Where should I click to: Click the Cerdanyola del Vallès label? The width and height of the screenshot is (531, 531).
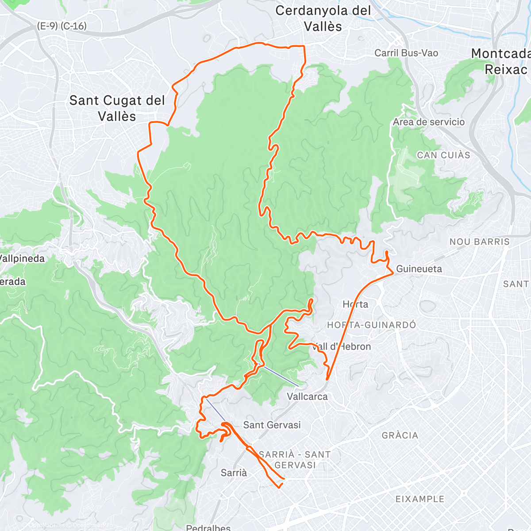(x=323, y=19)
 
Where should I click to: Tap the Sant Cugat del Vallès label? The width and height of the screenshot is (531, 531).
(x=117, y=108)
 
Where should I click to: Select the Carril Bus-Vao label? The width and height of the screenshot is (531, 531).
(x=406, y=53)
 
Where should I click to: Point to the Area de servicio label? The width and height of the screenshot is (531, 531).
(x=429, y=122)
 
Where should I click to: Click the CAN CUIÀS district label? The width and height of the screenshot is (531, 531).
(x=443, y=155)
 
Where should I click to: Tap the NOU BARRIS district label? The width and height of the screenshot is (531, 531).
(x=480, y=242)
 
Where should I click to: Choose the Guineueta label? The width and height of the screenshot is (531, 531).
(x=419, y=269)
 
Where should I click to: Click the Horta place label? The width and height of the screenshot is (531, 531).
(x=355, y=304)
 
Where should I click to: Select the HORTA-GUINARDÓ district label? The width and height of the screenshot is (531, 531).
(x=371, y=325)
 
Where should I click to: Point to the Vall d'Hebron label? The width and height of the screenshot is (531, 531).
(x=342, y=346)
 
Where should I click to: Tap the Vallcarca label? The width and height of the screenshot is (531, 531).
(x=307, y=396)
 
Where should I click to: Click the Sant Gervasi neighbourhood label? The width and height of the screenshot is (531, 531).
(x=272, y=425)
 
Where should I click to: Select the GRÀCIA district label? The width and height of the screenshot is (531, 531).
(x=400, y=435)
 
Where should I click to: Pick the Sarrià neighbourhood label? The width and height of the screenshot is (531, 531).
(x=234, y=473)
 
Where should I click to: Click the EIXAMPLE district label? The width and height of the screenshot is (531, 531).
(x=419, y=499)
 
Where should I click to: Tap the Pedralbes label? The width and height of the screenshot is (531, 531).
(x=208, y=527)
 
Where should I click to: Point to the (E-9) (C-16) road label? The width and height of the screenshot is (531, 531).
(x=62, y=26)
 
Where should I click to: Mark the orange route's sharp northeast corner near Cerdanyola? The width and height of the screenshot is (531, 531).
(x=304, y=46)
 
